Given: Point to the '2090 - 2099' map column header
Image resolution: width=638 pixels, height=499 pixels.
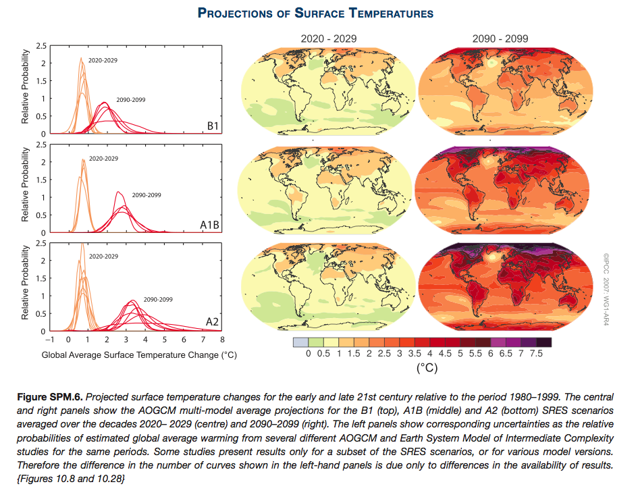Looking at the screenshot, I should coord(501,38).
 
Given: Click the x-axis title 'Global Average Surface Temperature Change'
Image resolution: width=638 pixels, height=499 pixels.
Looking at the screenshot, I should coord(140,354).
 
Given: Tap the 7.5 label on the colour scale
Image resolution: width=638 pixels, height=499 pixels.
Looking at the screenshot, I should coord(537,353).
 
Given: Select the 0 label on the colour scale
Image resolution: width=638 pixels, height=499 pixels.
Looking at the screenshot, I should coord(307,353).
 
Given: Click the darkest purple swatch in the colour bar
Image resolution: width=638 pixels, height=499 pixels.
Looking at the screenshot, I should coord(544,342).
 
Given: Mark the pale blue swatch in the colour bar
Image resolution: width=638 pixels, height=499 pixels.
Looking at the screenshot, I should coord(300,342).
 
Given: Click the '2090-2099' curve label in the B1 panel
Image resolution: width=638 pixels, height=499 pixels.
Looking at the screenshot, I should coord(130,99).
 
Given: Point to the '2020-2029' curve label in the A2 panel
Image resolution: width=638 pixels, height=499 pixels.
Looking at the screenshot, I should coord(103,257).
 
